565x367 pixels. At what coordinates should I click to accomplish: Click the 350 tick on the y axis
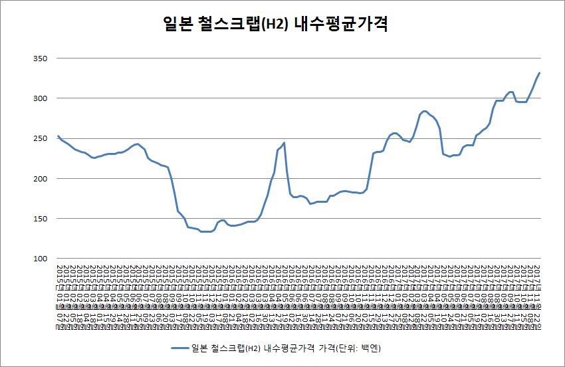pyautogui.click(x=39, y=59)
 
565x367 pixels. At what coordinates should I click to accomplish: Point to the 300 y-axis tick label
pyautogui.click(x=39, y=98)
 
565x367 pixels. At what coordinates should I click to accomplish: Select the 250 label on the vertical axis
pyautogui.click(x=39, y=138)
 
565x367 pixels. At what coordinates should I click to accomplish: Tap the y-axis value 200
pyautogui.click(x=39, y=179)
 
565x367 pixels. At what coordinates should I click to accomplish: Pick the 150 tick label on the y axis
pyautogui.click(x=39, y=219)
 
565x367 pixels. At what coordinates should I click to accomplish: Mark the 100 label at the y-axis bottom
pyautogui.click(x=39, y=259)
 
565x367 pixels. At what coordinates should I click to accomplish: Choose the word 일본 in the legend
pyautogui.click(x=198, y=348)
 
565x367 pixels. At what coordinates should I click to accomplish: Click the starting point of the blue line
pyautogui.click(x=58, y=136)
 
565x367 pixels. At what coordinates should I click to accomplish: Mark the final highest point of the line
pyautogui.click(x=539, y=73)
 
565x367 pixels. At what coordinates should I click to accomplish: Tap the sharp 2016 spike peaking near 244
pyautogui.click(x=284, y=142)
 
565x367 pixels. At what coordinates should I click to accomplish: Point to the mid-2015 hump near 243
pyautogui.click(x=137, y=144)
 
